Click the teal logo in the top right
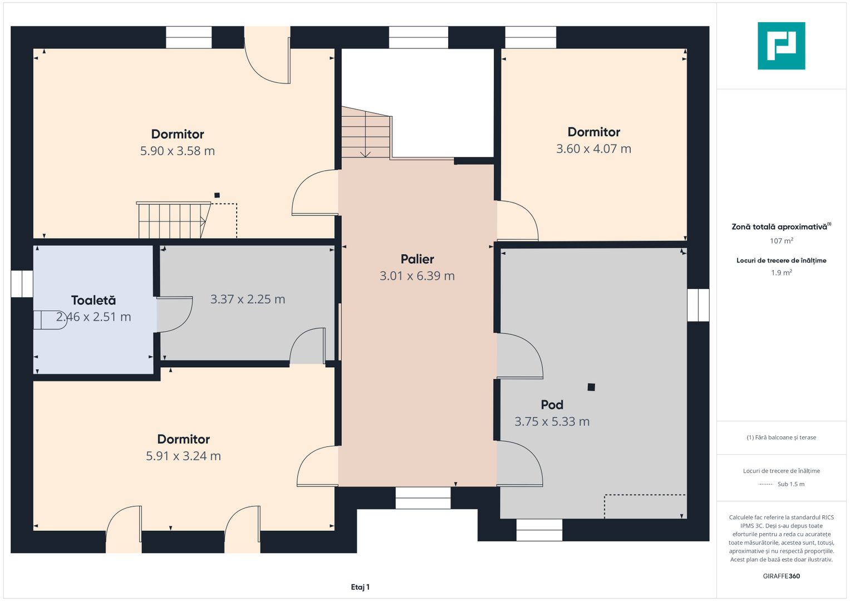(781, 46)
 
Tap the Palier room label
(417, 259)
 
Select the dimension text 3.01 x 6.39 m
(417, 276)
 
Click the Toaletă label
(94, 300)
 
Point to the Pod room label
(552, 405)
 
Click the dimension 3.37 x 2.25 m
(247, 299)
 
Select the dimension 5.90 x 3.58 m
(177, 151)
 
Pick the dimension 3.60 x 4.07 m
(593, 149)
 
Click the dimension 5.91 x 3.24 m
(183, 456)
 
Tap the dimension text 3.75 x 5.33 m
(552, 422)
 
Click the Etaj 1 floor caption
(360, 587)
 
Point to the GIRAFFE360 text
(782, 576)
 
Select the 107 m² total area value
(782, 240)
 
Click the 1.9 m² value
(782, 273)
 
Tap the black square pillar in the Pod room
(591, 387)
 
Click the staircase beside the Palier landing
(367, 132)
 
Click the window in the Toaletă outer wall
(22, 284)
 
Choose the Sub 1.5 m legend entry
(791, 484)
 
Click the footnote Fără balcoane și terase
(782, 437)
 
